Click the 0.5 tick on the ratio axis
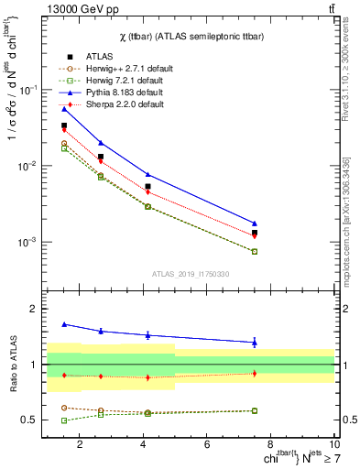29,420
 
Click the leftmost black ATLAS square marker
64,125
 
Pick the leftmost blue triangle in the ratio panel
64,324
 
